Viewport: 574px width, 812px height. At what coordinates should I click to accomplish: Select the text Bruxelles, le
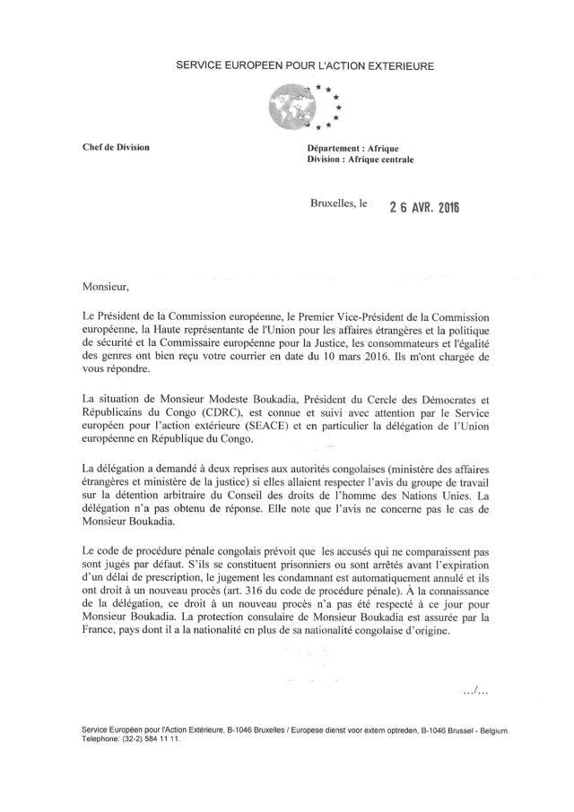tap(338, 205)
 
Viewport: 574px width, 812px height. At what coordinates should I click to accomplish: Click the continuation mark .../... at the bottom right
tap(474, 690)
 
